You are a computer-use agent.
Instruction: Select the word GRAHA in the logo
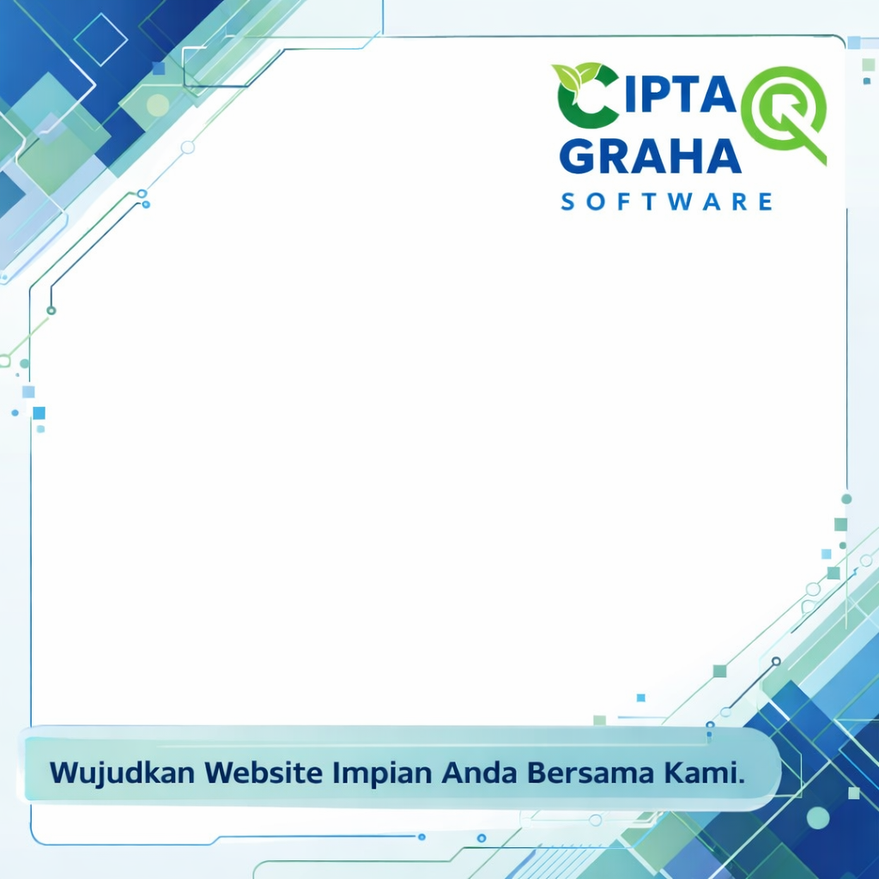(651, 157)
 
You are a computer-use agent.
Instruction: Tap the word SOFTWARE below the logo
(666, 202)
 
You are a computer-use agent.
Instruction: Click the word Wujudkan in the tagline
(122, 773)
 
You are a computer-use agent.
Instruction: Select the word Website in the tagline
(263, 773)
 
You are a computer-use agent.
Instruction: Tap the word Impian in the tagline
(382, 774)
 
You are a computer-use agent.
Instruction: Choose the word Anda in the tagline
(478, 773)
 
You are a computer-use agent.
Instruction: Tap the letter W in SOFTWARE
(681, 202)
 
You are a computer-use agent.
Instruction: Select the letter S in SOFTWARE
(567, 202)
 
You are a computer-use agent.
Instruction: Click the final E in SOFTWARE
(766, 202)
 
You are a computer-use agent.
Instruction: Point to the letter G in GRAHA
(578, 157)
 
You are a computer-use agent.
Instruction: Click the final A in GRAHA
(724, 157)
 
